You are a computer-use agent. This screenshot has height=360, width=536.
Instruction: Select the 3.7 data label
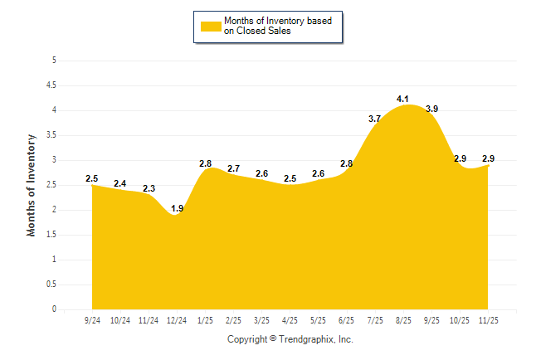click(x=375, y=119)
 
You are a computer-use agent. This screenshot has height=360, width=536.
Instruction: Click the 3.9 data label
click(x=432, y=109)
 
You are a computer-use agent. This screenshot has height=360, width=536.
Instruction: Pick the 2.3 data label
click(x=149, y=188)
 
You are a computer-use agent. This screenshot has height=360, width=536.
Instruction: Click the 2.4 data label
click(x=120, y=183)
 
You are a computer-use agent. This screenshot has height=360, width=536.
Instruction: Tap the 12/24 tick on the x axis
click(x=177, y=320)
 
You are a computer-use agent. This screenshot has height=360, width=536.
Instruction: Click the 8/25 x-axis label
click(x=403, y=320)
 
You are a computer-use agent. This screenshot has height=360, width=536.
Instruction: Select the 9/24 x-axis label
click(x=92, y=320)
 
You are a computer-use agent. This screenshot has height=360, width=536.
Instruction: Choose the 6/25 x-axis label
click(x=347, y=320)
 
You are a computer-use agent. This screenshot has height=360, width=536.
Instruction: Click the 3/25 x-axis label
click(x=262, y=320)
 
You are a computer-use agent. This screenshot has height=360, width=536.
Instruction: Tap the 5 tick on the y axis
click(x=54, y=61)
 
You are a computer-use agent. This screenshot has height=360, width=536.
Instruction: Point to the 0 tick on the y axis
click(x=54, y=309)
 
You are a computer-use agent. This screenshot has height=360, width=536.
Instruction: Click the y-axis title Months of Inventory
click(x=32, y=185)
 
